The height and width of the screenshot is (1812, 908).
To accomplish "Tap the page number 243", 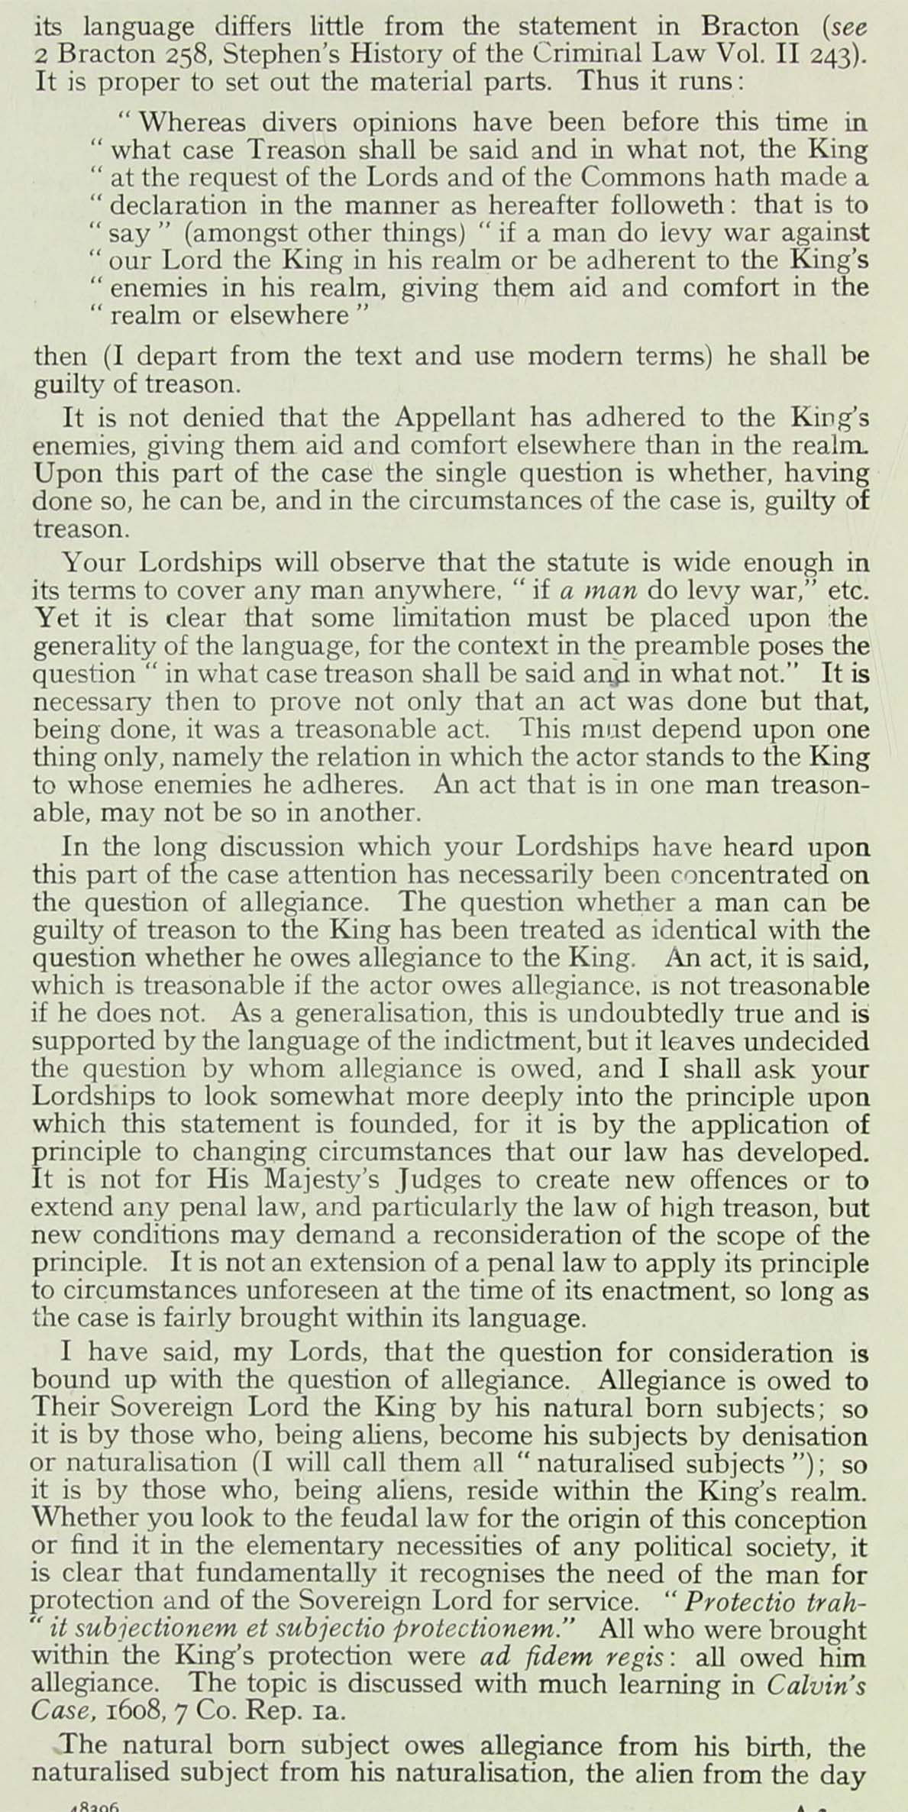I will pos(834,54).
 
